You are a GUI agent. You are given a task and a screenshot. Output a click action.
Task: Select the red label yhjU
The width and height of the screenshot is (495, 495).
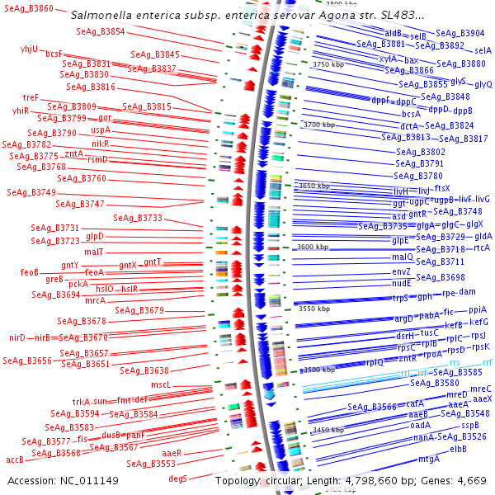[30, 49]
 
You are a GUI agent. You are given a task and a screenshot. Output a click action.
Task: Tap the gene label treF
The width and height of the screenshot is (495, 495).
[31, 97]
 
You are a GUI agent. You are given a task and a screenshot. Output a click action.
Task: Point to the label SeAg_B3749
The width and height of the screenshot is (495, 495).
[32, 192]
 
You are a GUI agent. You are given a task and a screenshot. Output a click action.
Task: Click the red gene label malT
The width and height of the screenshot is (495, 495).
[93, 252]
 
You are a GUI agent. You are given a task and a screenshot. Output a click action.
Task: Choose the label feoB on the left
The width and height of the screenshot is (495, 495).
[30, 271]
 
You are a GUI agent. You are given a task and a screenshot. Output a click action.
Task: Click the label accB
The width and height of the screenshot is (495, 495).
[15, 460]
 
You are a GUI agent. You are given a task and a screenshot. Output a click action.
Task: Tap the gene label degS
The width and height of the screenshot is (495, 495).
[178, 478]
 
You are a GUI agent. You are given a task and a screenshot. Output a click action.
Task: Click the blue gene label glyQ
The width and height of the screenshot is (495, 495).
[483, 84]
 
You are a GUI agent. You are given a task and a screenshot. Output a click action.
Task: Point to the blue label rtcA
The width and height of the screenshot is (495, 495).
[482, 247]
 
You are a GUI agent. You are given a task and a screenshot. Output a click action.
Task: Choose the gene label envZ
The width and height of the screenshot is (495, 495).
[401, 271]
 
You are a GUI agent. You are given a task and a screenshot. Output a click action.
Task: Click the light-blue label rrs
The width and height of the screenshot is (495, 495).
[455, 362]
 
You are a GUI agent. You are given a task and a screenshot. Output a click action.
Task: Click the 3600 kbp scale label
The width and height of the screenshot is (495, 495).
[313, 246]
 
